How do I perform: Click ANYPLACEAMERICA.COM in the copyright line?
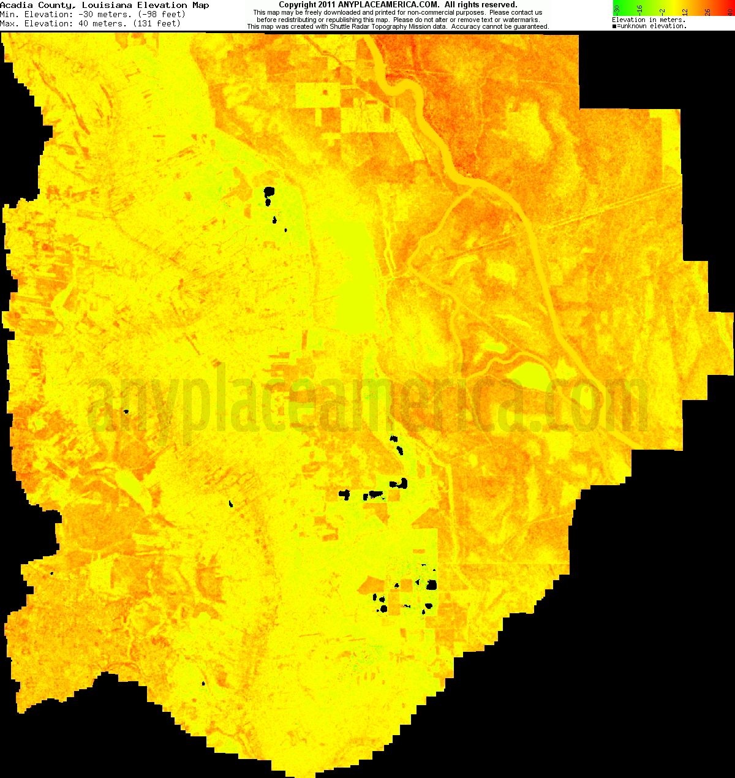point(388,5)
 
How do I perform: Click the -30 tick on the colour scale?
point(617,9)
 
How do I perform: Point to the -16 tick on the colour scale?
point(639,9)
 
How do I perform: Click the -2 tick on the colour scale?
point(662,10)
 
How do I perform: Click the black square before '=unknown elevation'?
point(614,26)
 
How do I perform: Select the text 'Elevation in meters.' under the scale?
point(649,20)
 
